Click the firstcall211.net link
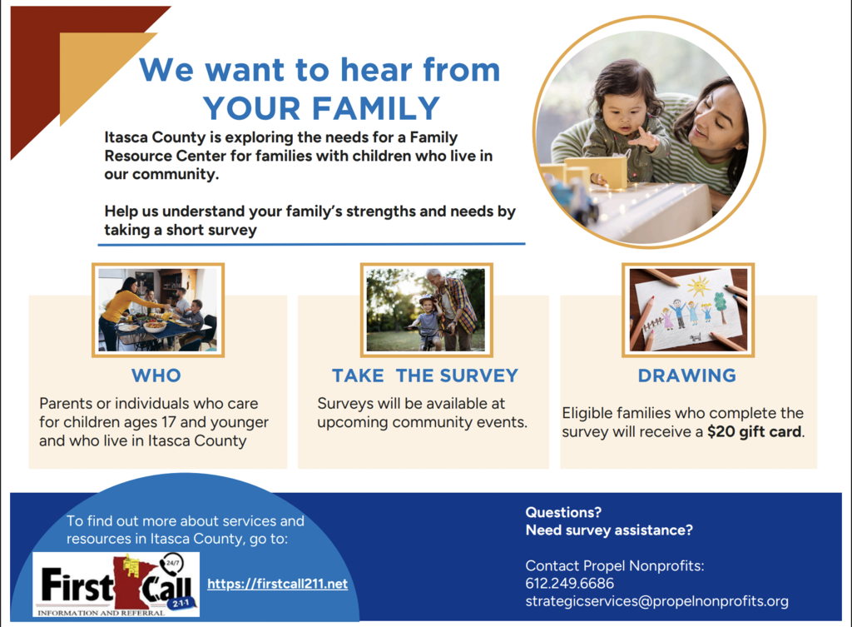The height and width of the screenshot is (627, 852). (x=277, y=584)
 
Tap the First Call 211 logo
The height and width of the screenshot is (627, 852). (x=116, y=585)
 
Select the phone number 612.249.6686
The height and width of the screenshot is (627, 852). (x=569, y=584)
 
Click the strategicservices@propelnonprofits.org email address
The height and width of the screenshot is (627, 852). (x=656, y=601)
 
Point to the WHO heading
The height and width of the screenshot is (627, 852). (x=156, y=376)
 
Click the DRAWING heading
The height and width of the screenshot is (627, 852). (x=686, y=376)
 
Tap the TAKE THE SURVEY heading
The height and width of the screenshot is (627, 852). (x=425, y=376)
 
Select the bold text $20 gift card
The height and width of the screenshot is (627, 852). (x=754, y=432)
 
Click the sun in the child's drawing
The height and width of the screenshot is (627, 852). (x=699, y=286)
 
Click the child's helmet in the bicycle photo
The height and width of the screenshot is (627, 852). (x=427, y=301)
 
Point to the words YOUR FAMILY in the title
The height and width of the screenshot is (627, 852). (x=321, y=108)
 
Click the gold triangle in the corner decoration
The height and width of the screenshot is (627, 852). (x=92, y=65)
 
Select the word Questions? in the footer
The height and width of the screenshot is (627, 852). (x=563, y=512)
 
